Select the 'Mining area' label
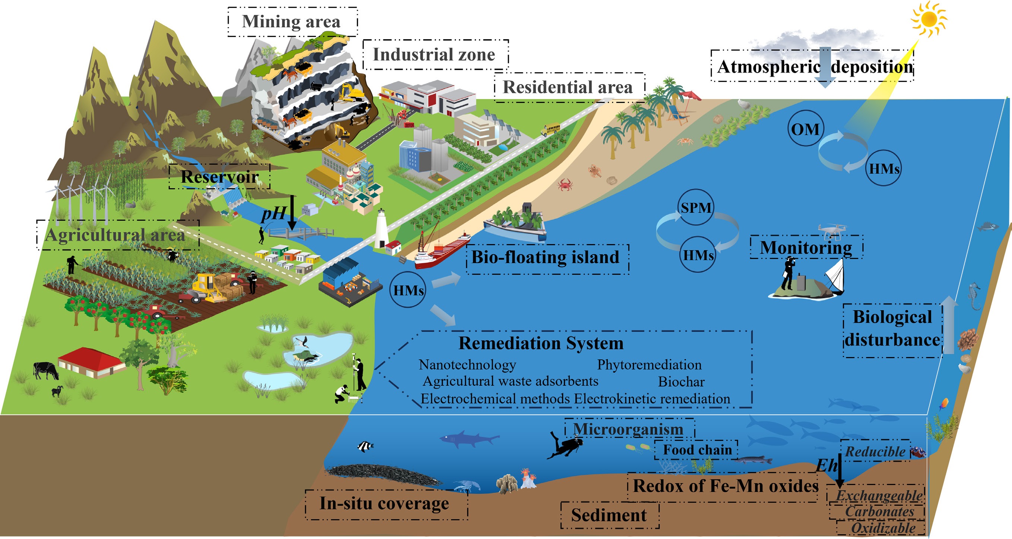[292, 22]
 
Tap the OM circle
[805, 129]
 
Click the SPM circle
[696, 207]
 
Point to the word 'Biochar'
[681, 381]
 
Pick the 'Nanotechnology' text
[467, 365]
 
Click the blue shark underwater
[467, 438]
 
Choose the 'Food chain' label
[697, 450]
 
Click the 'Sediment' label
[609, 515]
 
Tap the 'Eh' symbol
[827, 466]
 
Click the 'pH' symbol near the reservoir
[273, 214]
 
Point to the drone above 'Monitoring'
[832, 230]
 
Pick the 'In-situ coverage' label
[384, 503]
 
